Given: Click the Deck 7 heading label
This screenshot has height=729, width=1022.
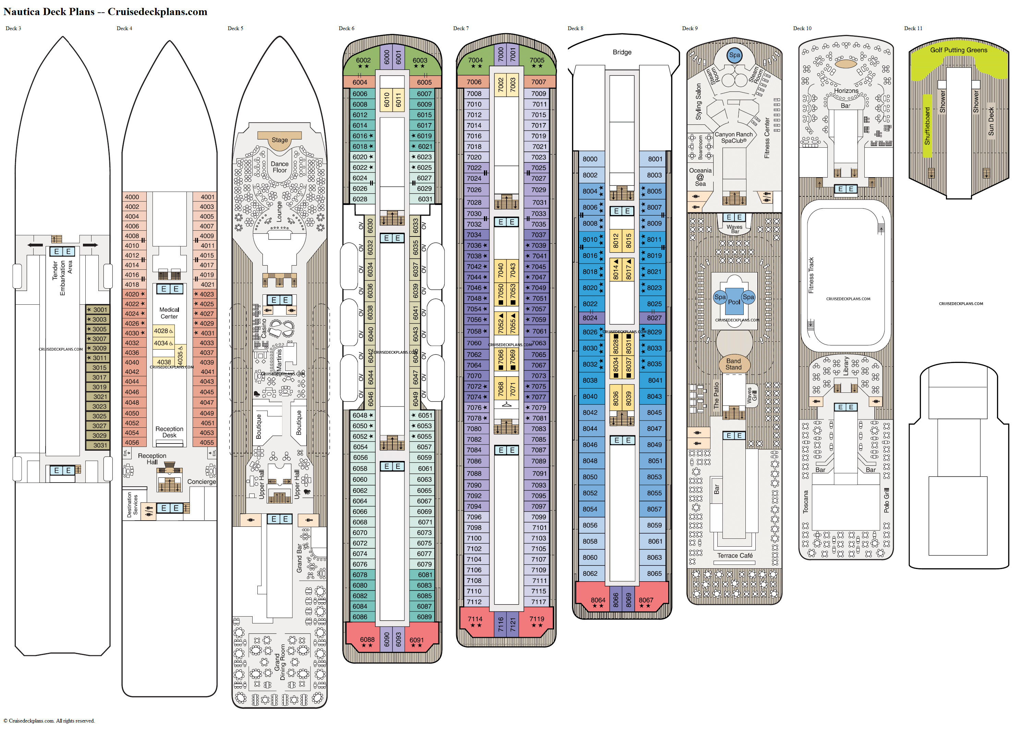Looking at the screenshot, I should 461,28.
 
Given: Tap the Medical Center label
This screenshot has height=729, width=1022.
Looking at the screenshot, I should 169,313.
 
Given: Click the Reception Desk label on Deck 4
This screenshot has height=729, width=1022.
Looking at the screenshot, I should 169,432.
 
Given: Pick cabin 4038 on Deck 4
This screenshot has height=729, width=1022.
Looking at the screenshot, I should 164,362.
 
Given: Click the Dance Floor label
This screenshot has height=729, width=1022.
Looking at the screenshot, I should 280,167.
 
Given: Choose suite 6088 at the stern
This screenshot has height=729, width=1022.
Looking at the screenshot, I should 367,640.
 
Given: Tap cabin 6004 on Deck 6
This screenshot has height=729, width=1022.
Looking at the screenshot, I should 360,82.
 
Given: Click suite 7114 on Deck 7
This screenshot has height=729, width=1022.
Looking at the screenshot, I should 475,619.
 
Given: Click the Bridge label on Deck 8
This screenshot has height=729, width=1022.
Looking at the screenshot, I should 622,52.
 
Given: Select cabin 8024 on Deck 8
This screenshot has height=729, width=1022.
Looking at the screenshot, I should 590,318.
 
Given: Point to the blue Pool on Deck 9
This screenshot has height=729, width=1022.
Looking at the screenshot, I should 734,301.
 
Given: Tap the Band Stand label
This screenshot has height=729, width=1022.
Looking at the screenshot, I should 733,364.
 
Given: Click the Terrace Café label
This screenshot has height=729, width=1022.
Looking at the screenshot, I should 735,555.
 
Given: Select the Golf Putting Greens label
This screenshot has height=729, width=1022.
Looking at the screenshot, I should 958,50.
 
